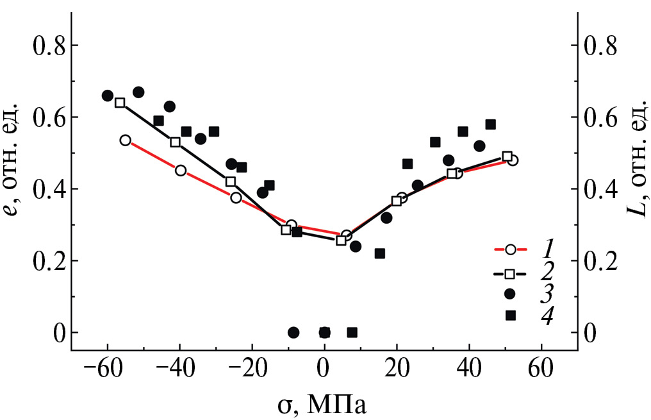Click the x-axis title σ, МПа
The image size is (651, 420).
325,403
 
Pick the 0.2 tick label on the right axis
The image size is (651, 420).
602,261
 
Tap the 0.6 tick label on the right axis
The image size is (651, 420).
602,117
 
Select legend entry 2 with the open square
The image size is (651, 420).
511,274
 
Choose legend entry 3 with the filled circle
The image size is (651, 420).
511,294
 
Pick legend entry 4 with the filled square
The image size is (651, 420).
511,315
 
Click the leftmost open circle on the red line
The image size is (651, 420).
126,140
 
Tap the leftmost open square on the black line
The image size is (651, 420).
120,103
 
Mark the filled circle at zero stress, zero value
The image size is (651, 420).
325,332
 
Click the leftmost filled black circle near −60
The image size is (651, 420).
108,96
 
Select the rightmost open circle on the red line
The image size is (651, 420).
513,160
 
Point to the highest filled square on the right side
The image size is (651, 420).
491,124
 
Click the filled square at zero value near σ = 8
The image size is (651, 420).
352,332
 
